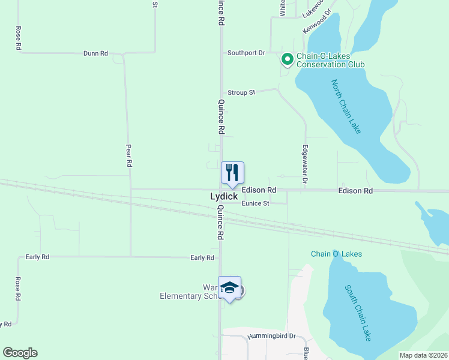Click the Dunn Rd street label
pos(95,53)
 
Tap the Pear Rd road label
pos(128,155)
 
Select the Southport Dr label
pos(246,53)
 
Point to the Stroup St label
pos(241,92)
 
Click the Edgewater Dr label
pos(305,164)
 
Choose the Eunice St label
pos(256,203)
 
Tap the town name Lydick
pos(224,196)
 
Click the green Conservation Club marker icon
pos(287,59)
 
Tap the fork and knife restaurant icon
pos(232,173)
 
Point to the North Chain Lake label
pos(346,107)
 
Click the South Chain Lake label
pos(358,313)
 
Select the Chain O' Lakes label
pos(336,254)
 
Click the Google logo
pos(20,353)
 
